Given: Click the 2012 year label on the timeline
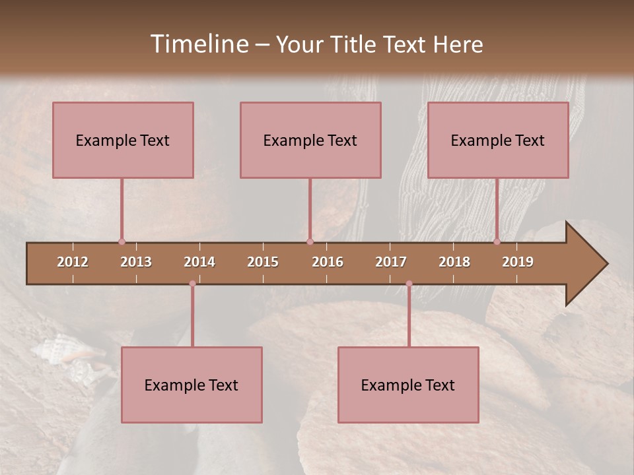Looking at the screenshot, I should point(73,262).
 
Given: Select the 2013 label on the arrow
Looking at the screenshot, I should point(136,262).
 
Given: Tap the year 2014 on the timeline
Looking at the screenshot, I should point(199,262).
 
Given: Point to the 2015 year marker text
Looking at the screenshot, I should point(263,262).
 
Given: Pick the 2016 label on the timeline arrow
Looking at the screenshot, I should point(328,262).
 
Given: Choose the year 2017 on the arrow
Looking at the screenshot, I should point(391,262).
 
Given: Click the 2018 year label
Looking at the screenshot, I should point(454,262).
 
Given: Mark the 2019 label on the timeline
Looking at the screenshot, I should point(518,262).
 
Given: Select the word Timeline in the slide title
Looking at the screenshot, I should point(199,44).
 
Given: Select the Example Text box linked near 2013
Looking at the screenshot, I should point(123,140).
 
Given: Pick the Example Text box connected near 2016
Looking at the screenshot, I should point(310,140).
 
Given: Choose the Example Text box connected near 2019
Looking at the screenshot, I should point(498,140).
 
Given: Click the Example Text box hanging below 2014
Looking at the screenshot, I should point(192,385).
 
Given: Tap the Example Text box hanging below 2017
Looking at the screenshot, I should point(408,385).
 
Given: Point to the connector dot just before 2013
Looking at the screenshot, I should point(122,242).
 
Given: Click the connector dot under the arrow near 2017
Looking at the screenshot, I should point(409,284).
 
